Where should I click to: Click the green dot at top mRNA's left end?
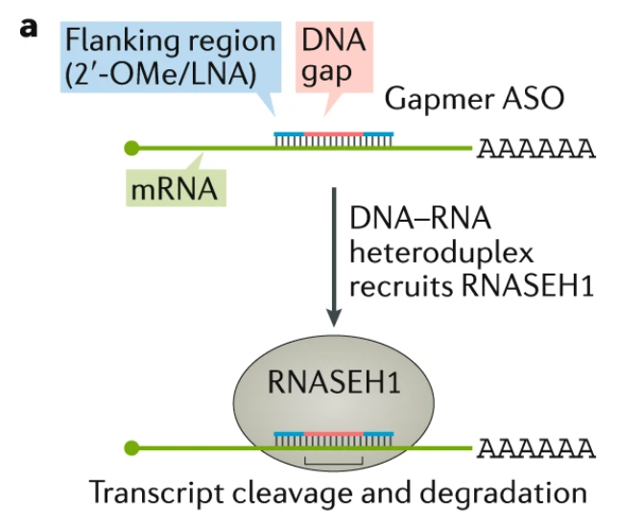click(x=132, y=148)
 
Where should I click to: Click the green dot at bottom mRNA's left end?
click(x=132, y=448)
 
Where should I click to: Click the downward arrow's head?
click(x=333, y=318)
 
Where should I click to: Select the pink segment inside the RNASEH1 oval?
click(x=334, y=434)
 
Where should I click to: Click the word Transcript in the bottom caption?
click(x=147, y=494)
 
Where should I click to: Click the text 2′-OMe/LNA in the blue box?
click(x=182, y=74)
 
